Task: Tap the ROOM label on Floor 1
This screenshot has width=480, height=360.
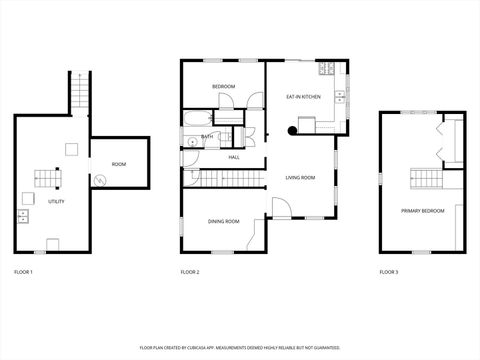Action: click(x=119, y=164)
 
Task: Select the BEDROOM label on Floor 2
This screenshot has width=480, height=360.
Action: click(x=223, y=87)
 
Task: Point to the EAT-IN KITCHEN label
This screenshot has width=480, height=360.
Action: click(x=303, y=97)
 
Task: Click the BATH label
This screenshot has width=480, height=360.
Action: click(x=207, y=137)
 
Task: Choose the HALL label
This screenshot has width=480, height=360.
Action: click(x=233, y=157)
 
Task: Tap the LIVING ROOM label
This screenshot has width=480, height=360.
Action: click(x=300, y=177)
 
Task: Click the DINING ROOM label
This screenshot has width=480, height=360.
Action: click(x=223, y=221)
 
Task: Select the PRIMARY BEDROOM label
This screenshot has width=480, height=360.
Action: click(x=423, y=211)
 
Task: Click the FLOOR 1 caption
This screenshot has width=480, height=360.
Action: click(x=23, y=272)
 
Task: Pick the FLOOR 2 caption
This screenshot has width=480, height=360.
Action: click(x=190, y=272)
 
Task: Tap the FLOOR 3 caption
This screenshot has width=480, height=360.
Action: click(x=388, y=272)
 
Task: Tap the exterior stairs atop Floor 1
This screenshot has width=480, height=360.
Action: click(x=79, y=95)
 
